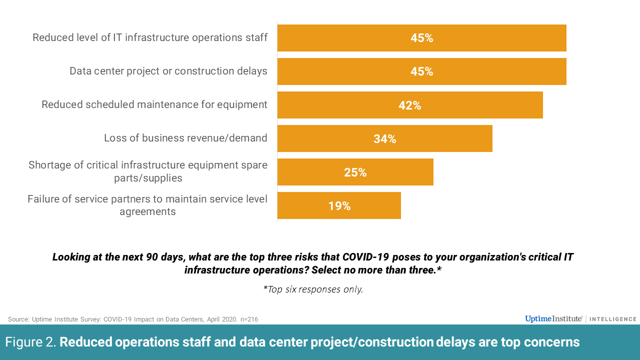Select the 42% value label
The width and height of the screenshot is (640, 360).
(x=410, y=105)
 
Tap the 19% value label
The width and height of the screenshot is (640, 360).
(x=339, y=206)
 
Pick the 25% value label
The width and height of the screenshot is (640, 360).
(x=355, y=172)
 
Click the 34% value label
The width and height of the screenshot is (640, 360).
(x=385, y=139)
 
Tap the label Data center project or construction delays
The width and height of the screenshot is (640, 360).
(x=168, y=71)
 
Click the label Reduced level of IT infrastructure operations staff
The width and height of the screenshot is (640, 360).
(x=150, y=37)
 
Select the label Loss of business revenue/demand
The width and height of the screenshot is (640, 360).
(x=185, y=138)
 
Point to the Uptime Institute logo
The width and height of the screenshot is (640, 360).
(x=553, y=319)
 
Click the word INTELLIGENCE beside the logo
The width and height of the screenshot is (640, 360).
(x=613, y=319)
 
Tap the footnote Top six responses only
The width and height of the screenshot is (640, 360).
(x=313, y=289)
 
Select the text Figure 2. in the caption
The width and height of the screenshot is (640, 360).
(x=31, y=342)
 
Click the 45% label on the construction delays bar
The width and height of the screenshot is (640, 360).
(x=421, y=71)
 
